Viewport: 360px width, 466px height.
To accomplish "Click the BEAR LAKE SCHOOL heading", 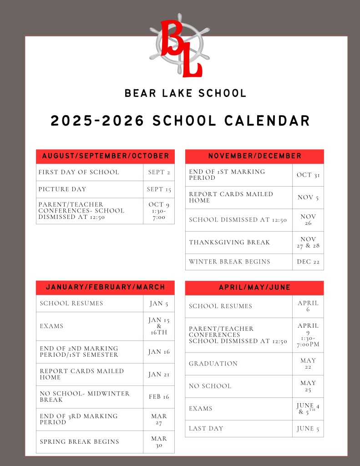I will click(x=185, y=94).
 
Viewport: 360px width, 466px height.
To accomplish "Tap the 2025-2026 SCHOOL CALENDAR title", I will click(x=180, y=121).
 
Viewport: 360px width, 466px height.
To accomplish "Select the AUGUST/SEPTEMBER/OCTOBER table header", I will click(x=105, y=156).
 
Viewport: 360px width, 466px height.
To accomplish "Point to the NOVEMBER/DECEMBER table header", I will click(x=254, y=156).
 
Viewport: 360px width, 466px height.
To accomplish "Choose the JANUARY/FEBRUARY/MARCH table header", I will click(x=105, y=287).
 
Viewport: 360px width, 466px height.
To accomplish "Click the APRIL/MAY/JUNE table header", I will click(x=254, y=288).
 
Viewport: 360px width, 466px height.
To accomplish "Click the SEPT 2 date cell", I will click(x=159, y=172).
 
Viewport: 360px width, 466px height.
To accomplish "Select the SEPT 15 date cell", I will click(x=159, y=189).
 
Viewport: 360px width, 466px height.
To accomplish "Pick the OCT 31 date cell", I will click(x=308, y=175).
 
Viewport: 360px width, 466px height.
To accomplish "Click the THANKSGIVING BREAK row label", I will click(x=229, y=243).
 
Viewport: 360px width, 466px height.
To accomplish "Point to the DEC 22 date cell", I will click(x=308, y=262).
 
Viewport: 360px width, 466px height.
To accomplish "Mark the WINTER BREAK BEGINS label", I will click(x=229, y=262).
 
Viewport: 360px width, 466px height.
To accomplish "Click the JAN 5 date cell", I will click(x=159, y=304).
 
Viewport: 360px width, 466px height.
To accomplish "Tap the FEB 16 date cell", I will click(x=159, y=397).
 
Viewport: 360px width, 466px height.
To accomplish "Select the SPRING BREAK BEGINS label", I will click(x=79, y=442).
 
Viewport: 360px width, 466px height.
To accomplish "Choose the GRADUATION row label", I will click(x=213, y=364).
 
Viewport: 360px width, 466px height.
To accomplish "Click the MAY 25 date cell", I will click(x=308, y=386).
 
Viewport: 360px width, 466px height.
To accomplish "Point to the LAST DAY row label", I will click(x=206, y=429).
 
